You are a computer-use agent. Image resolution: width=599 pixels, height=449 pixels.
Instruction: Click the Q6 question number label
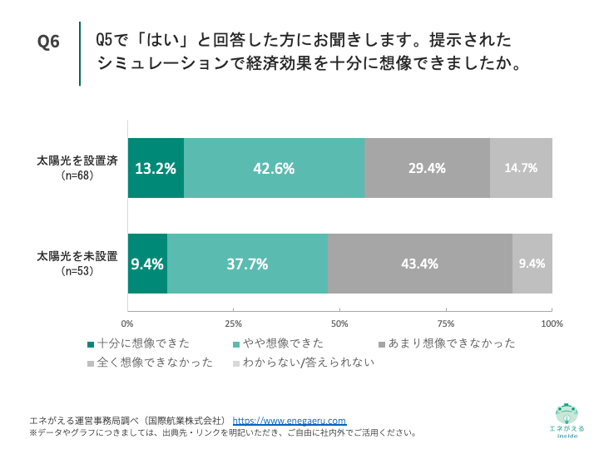tap(49, 42)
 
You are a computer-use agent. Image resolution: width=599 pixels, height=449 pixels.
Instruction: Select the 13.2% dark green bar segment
tap(156, 168)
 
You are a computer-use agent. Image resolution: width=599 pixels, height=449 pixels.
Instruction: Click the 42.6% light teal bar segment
tap(274, 168)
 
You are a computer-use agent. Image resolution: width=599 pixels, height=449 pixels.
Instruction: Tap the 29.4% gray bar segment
tap(427, 168)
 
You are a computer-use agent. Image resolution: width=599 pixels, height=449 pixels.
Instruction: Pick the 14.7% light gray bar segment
tap(521, 168)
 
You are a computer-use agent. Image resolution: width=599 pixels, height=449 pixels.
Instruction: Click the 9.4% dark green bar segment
tap(147, 264)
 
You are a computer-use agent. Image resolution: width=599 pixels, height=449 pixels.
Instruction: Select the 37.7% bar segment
tap(247, 264)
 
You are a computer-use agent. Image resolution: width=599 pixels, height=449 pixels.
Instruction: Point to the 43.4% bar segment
tap(419, 264)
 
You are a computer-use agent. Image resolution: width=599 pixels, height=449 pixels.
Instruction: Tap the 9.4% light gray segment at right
tap(532, 264)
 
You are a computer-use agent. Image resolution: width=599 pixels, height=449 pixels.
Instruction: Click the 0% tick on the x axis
tap(128, 323)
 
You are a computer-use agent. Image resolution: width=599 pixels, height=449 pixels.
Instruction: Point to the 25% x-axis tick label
tap(234, 323)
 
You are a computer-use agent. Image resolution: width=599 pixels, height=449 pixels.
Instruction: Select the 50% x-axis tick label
tap(339, 323)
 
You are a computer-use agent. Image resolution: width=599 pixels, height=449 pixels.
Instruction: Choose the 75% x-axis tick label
tap(446, 323)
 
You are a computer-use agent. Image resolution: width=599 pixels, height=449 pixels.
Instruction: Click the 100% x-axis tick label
tap(551, 323)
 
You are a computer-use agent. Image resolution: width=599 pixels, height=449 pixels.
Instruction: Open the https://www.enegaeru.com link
tap(289, 421)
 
